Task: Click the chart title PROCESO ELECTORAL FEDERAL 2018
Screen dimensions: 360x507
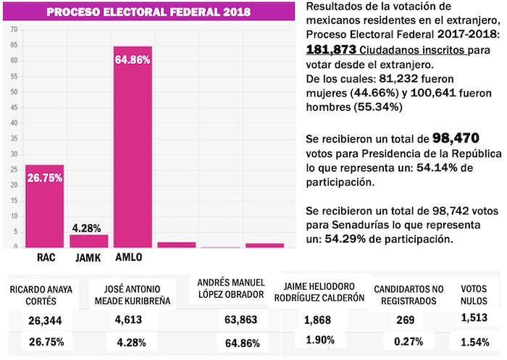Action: click(148, 12)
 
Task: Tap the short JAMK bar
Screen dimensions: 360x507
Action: click(88, 240)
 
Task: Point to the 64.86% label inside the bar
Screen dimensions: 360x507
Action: click(133, 60)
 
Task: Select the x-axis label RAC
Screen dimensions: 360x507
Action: click(45, 257)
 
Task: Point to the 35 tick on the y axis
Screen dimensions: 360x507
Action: click(13, 138)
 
